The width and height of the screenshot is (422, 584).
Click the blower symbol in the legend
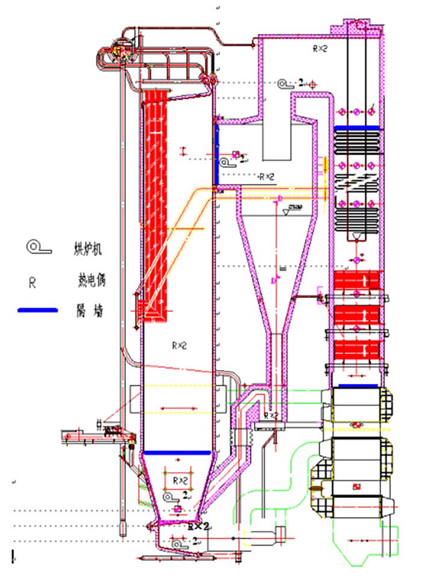(x=35, y=247)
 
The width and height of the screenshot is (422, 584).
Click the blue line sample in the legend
(x=38, y=310)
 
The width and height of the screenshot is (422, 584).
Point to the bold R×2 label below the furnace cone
(x=198, y=526)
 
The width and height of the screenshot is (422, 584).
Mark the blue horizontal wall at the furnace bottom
(x=176, y=452)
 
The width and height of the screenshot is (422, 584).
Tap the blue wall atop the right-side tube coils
(x=356, y=128)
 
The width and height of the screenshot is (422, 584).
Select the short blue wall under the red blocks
(x=358, y=385)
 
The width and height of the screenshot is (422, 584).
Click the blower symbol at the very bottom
(x=178, y=543)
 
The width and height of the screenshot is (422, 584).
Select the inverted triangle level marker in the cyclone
(x=286, y=212)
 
